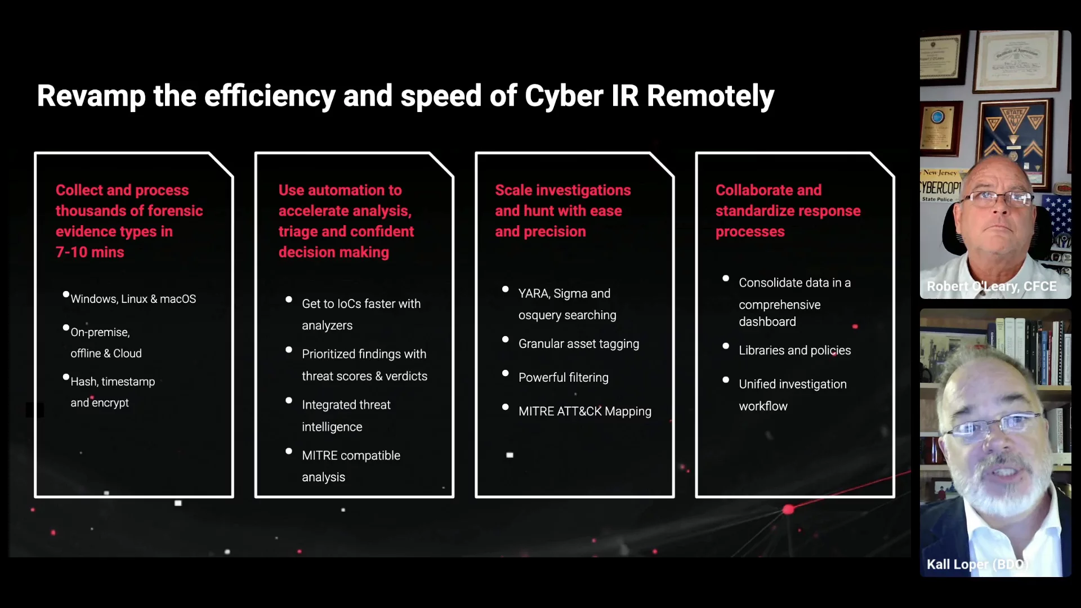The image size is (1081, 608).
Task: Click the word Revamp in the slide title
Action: coord(91,96)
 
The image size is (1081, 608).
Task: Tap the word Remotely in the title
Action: coord(711,96)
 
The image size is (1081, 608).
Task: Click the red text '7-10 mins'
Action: coord(90,252)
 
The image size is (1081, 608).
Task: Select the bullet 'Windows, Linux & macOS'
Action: coord(133,299)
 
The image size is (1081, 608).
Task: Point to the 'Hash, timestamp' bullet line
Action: coord(113,382)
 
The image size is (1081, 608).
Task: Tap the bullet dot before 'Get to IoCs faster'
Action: coord(289,299)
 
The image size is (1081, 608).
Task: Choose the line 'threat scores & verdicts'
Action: coord(364,376)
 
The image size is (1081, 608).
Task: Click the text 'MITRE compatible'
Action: coord(351,455)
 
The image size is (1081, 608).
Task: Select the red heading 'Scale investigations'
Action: coord(563,190)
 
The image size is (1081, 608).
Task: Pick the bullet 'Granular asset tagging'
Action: coord(579,344)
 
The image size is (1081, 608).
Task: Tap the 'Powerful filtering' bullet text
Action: coord(564,378)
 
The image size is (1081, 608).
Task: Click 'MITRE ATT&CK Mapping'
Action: coord(585,412)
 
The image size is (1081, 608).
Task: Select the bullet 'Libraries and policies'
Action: coord(795,350)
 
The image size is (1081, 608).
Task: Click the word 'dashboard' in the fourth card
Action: coord(767,321)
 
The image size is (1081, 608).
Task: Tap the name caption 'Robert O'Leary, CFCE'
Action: coord(991,287)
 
